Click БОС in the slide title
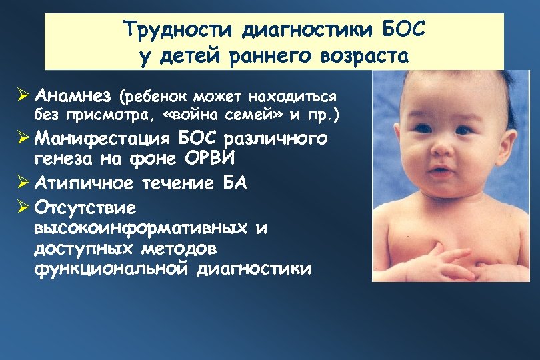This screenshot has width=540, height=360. pyautogui.click(x=399, y=29)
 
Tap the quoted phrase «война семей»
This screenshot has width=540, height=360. pyautogui.click(x=227, y=116)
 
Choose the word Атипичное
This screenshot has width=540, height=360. pyautogui.click(x=79, y=183)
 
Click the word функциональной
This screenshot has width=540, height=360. pyautogui.click(x=111, y=269)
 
